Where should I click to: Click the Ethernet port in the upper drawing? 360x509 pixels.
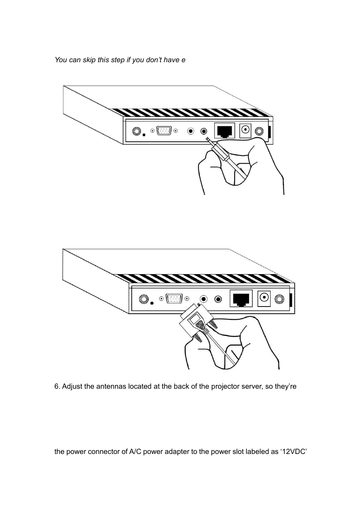[225, 130]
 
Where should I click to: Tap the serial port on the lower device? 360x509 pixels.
[174, 299]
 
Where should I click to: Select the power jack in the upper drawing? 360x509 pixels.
[246, 130]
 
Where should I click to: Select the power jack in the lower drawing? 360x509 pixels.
[265, 298]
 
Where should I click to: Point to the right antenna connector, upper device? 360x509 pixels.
[259, 131]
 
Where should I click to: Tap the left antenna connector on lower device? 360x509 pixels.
[143, 299]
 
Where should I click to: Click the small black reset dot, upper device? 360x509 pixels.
[144, 135]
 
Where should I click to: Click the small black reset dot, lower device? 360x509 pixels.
[152, 303]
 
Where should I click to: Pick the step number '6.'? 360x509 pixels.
[57, 386]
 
